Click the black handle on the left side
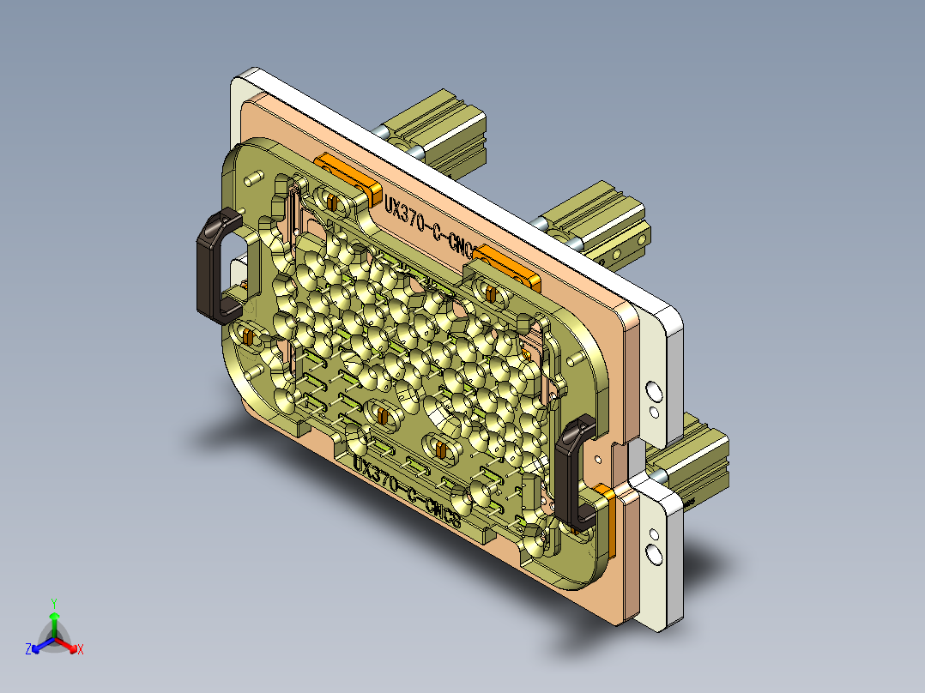(209, 265)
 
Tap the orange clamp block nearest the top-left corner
(348, 175)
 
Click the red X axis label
(81, 650)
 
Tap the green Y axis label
(53, 602)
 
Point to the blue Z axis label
(28, 649)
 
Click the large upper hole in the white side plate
(653, 393)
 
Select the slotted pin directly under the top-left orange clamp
(330, 202)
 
